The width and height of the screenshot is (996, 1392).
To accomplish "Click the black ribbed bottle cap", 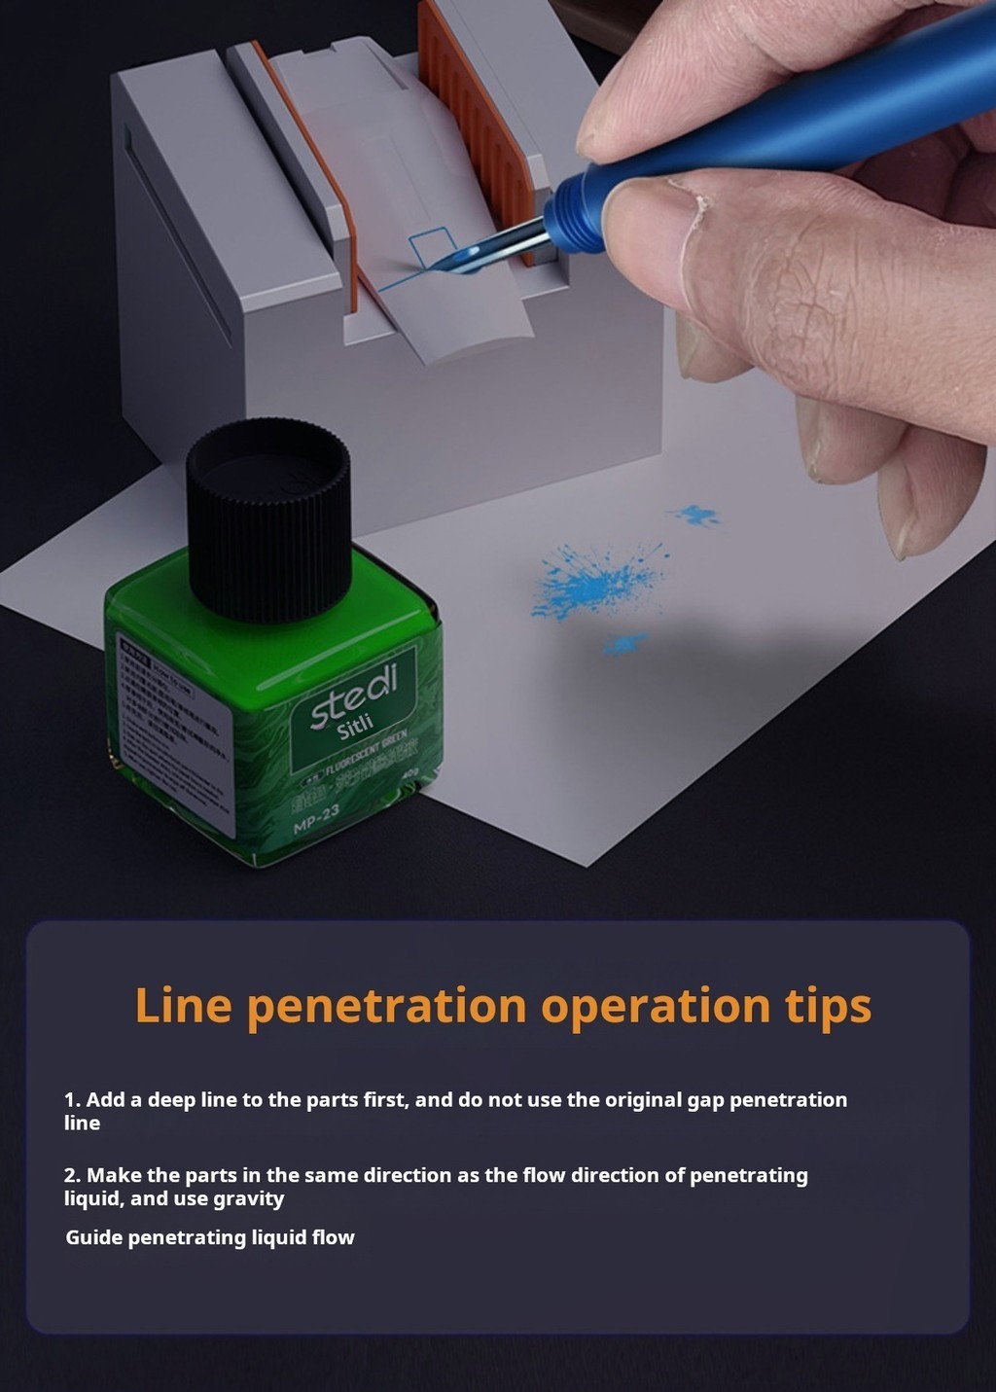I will tap(267, 519).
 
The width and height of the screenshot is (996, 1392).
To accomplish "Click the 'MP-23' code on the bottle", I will tap(317, 818).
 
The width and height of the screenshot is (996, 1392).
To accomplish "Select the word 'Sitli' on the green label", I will tap(356, 726).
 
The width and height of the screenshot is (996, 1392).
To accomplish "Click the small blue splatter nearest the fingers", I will tap(696, 515).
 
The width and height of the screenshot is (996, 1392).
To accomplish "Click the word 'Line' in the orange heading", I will tap(183, 1005).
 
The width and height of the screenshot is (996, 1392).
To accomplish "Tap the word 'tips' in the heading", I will tap(828, 1005).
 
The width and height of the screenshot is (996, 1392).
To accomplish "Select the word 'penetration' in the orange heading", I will tap(386, 1005).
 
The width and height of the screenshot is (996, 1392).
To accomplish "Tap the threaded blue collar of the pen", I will tap(568, 222).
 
